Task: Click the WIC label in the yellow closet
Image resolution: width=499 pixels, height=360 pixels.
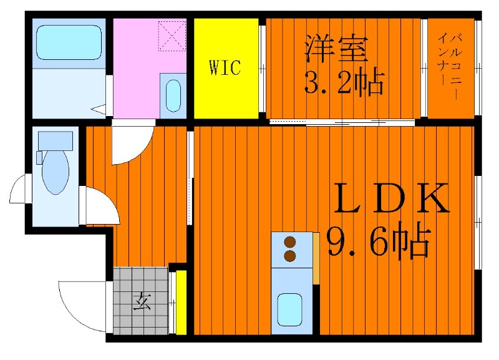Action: [x=225, y=67]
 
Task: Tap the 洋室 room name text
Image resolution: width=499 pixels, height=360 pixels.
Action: [x=336, y=49]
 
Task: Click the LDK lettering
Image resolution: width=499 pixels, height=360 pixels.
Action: [x=392, y=198]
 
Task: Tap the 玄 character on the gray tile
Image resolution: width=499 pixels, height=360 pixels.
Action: [x=142, y=301]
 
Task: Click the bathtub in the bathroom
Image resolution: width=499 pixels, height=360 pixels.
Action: [x=69, y=42]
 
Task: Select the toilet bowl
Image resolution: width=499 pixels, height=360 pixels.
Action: [x=56, y=171]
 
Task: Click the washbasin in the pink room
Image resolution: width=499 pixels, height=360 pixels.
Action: [x=173, y=96]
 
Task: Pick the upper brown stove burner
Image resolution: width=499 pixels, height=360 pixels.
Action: [x=290, y=243]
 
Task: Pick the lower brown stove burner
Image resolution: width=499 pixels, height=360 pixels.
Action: [x=290, y=256]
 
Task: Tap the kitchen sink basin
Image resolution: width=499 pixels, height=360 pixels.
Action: [x=289, y=309]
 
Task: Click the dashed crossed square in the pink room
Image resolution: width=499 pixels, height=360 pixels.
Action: [x=172, y=36]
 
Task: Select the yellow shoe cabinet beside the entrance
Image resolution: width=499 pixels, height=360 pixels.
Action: [x=181, y=303]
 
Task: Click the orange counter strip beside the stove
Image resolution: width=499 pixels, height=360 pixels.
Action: [x=316, y=258]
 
